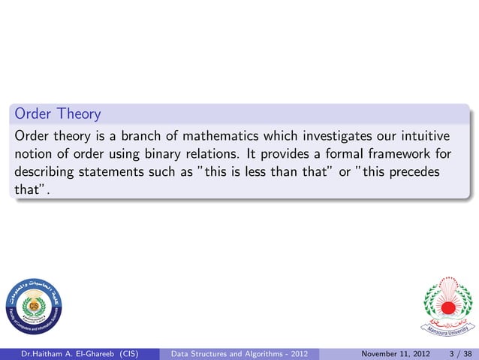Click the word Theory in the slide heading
click(76, 114)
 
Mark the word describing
click(45, 172)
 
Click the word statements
click(115, 172)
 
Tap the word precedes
click(412, 172)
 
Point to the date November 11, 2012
click(394, 353)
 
